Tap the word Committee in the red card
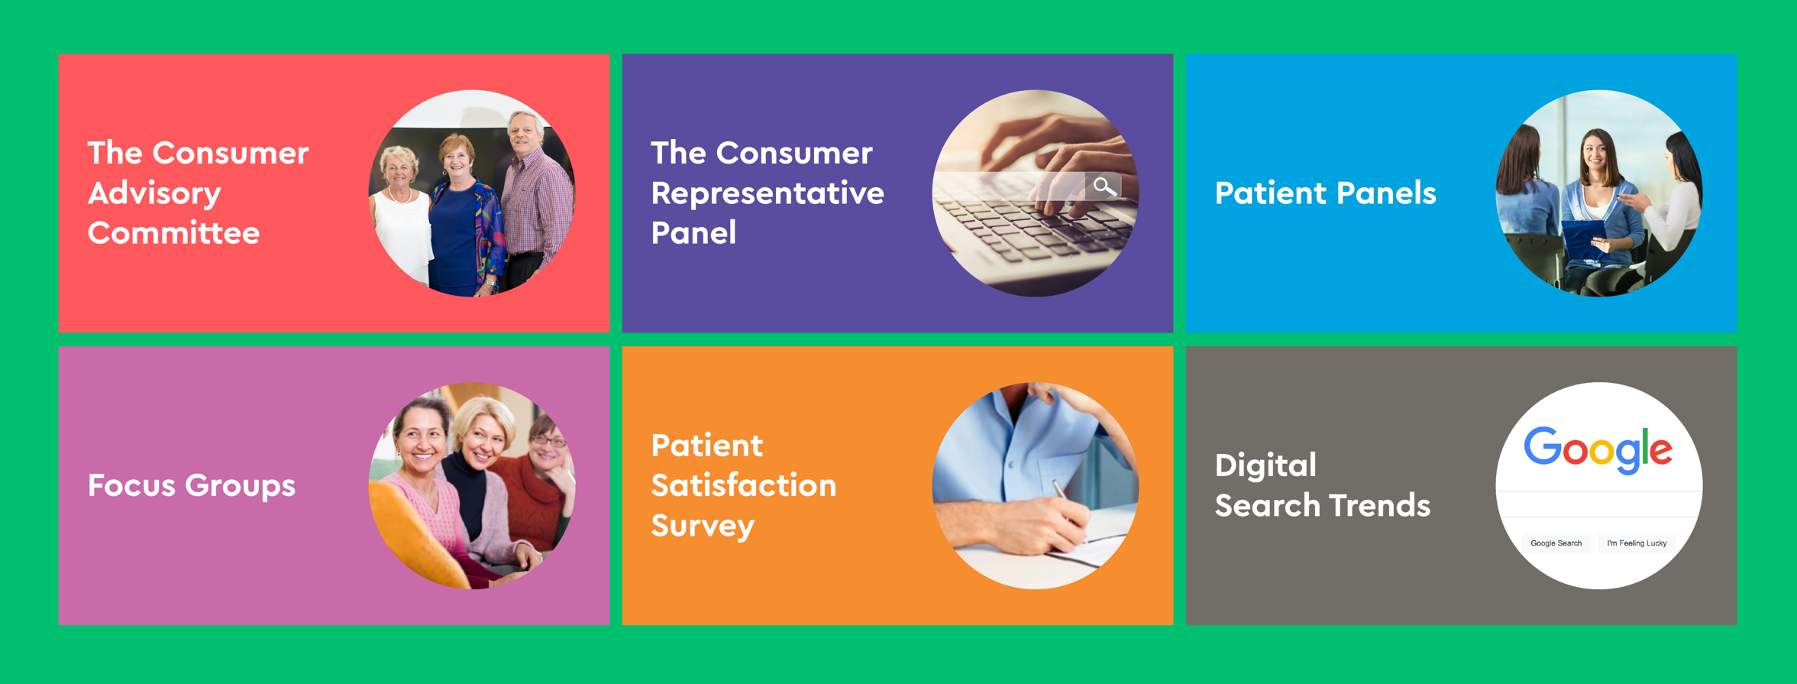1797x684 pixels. coord(173,232)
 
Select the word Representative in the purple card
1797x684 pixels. coord(767,194)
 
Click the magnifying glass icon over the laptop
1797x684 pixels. coord(1104,186)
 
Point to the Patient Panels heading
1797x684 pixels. coord(1325,193)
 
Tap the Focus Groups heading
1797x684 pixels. coord(191,486)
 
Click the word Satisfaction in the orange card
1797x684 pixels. coord(743,485)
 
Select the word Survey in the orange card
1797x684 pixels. coord(703,527)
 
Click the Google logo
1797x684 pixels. coord(1598,450)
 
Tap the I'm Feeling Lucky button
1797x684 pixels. coord(1637,543)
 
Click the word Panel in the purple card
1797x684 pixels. coord(693,232)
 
